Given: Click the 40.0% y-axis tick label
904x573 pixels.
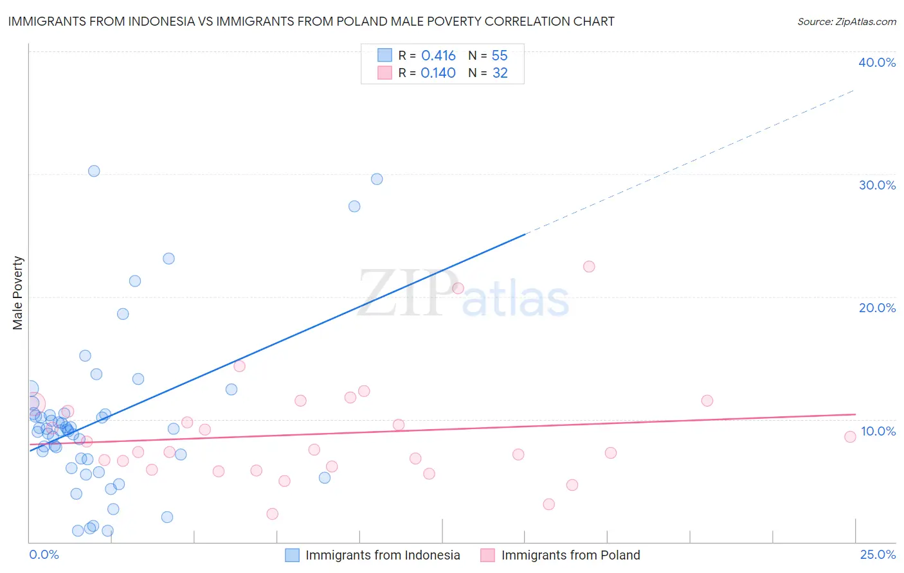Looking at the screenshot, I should coord(877,62).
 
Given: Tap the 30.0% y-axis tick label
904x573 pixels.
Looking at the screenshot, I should coord(877,185).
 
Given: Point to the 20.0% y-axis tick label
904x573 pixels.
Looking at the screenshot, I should coord(877,308).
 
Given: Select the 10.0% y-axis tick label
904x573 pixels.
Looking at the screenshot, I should coord(878,431).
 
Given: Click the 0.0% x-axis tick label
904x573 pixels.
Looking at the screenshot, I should coord(44,554).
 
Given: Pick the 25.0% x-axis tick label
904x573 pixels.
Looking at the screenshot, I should coord(878,554).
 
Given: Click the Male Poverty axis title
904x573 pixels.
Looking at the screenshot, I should coord(18,293).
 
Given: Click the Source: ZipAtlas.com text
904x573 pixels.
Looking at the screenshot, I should coord(846,21).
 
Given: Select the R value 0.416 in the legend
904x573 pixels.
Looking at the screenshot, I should coord(438,56).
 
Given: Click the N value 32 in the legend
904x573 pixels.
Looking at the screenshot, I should coord(500,73).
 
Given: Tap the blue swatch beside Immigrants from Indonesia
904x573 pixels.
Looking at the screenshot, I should coord(293,555).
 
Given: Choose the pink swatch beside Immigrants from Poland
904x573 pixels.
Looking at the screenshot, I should coord(488,555).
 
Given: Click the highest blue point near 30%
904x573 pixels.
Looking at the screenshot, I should coord(94,171).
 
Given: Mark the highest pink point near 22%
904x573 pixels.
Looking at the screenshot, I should coord(589,267).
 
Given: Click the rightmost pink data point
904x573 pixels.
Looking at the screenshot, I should coord(850,437).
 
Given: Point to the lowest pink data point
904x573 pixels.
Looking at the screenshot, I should coord(273,514).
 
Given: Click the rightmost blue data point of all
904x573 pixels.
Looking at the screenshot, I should coord(377,179).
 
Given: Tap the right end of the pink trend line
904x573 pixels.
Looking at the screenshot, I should coord(855,414).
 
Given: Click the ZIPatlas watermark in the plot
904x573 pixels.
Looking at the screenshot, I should coord(463,294).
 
